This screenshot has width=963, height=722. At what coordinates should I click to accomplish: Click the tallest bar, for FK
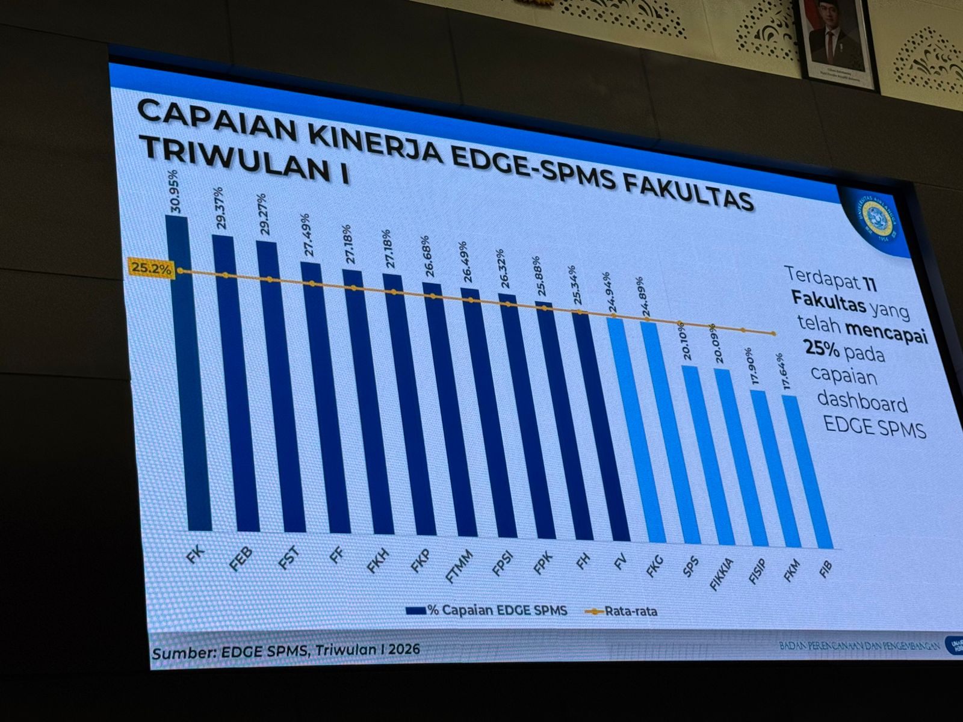(x=188, y=373)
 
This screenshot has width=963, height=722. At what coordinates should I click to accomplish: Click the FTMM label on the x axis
(x=459, y=566)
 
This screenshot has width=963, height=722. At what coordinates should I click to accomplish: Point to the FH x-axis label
(x=582, y=561)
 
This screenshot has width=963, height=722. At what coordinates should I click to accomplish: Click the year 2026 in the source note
(x=404, y=649)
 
